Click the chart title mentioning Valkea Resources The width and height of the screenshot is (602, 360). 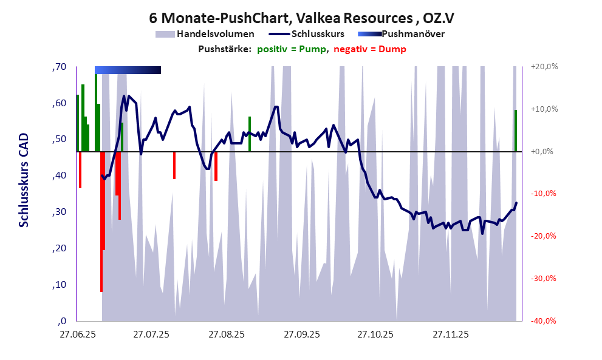click(301, 19)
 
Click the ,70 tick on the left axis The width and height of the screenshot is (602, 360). click(59, 67)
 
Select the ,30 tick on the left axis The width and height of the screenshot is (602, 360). click(59, 212)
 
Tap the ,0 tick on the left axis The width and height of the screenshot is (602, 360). click(62, 321)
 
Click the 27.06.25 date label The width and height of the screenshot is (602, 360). click(77, 335)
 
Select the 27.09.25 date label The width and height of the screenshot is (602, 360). click(302, 335)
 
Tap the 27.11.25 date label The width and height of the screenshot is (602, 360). click(451, 335)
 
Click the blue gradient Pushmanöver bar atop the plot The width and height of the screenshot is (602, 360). click(128, 70)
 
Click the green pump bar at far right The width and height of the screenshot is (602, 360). click(516, 131)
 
